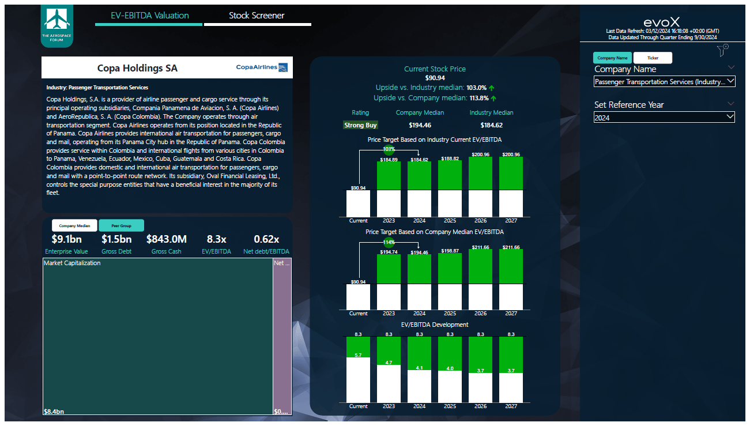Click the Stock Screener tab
(257, 16)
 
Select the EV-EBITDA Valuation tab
(150, 16)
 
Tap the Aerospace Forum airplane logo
(57, 25)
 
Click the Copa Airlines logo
(262, 67)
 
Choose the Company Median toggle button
(74, 226)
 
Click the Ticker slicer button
(653, 58)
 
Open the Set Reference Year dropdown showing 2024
(664, 118)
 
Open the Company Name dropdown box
(664, 82)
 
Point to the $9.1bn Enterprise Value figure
(66, 239)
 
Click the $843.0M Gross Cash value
(167, 239)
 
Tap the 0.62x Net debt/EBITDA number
(266, 239)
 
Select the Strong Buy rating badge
(360, 125)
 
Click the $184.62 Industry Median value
(491, 125)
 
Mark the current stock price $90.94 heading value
(435, 78)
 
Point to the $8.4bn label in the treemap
(54, 412)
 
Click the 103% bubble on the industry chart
(389, 149)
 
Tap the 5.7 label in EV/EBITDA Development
(358, 355)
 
